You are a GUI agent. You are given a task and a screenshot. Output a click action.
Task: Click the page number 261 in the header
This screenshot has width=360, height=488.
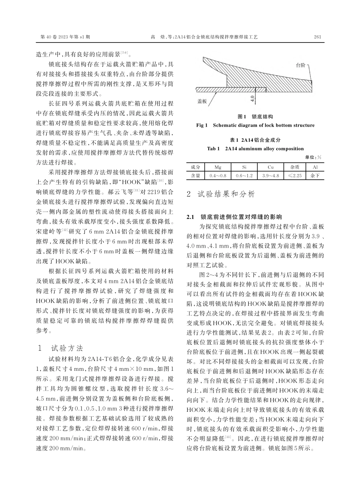[x=318, y=37]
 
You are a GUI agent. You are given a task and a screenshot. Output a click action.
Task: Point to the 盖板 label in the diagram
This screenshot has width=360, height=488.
[x=202, y=101]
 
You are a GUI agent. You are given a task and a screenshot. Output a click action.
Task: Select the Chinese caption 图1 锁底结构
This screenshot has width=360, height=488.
[x=255, y=116]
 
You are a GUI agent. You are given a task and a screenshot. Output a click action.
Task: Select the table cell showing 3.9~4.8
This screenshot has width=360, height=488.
[x=270, y=176]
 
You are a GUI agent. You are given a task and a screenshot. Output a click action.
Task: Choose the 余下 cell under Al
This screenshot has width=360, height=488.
[x=315, y=176]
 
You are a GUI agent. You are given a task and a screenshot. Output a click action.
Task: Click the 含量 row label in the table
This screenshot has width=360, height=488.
[x=196, y=176]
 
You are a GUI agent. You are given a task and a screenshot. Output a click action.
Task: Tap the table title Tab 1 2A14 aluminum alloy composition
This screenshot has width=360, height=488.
[x=255, y=148]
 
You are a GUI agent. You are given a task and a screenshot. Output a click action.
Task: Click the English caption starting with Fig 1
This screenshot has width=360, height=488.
[x=255, y=125]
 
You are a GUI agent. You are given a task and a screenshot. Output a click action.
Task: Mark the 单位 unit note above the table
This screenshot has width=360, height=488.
[x=313, y=157]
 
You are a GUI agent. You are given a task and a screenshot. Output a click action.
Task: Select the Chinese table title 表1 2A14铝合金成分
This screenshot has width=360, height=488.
[x=255, y=140]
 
